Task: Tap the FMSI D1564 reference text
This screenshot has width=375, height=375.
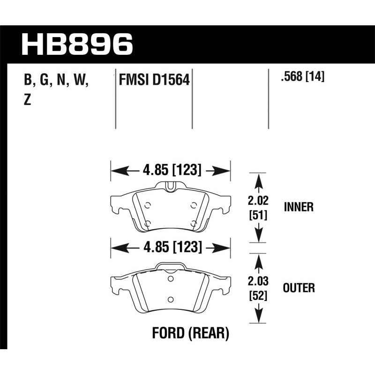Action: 154,81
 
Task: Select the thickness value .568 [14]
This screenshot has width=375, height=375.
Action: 302,77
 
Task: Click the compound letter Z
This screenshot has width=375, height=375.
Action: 27,100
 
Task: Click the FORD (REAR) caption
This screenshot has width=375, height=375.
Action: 191,334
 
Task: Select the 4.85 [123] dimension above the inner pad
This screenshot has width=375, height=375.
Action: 171,170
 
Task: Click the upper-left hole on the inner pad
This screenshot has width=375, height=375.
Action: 147,205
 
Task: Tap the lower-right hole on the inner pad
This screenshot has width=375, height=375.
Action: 194,223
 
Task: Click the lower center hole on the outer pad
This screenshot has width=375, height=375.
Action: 170,299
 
